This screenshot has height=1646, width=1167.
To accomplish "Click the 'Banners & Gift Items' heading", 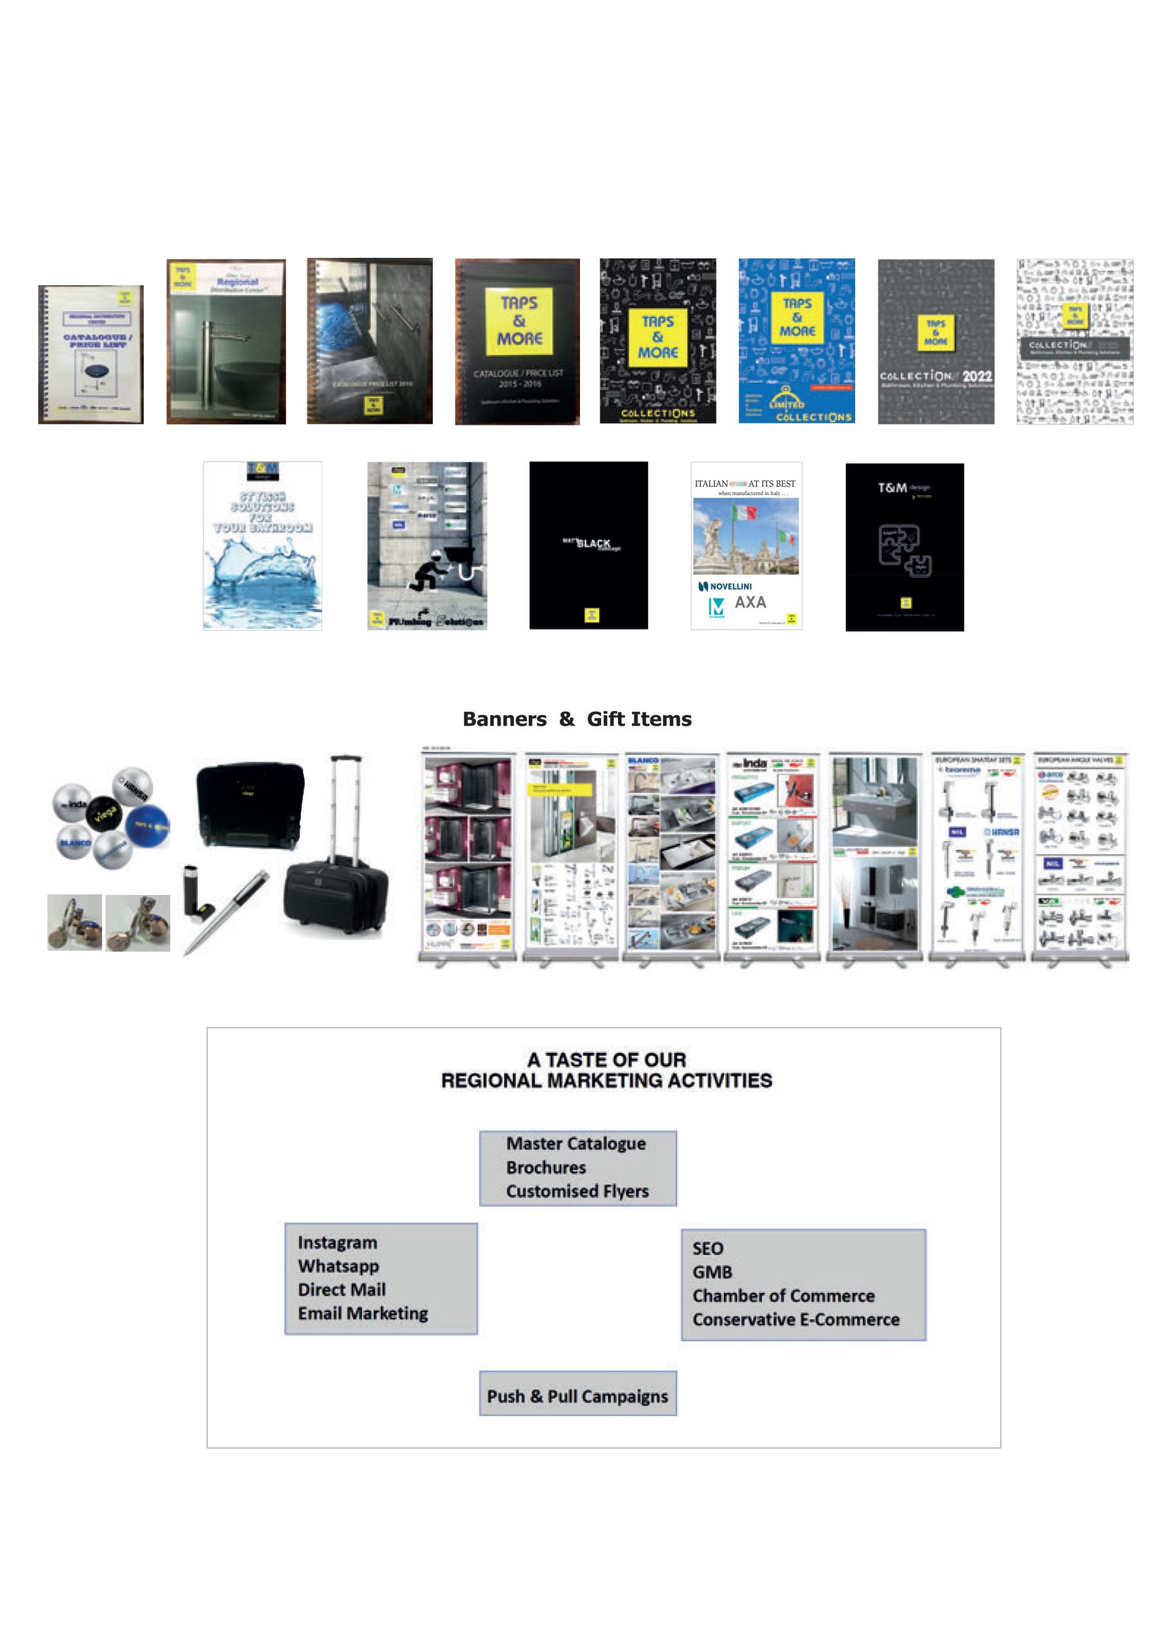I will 577,719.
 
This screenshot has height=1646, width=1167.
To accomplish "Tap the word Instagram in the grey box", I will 337,1242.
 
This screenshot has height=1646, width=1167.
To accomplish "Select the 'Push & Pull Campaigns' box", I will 578,1396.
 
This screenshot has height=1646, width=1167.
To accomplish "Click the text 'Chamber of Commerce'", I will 783,1296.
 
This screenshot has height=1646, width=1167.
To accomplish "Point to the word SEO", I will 708,1248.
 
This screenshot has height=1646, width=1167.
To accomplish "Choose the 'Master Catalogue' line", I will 575,1143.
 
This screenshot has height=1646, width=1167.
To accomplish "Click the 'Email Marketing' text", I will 363,1314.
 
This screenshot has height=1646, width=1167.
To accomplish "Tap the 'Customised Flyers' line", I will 577,1191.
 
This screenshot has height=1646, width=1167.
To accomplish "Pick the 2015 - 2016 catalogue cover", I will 518,341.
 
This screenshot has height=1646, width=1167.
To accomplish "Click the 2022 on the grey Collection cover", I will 977,375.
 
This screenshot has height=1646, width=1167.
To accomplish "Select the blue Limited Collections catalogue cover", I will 796,341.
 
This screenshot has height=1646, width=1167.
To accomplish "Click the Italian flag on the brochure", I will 744,513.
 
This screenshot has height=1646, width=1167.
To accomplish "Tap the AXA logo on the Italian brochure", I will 750,602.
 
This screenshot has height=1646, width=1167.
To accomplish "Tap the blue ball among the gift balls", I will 148,826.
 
